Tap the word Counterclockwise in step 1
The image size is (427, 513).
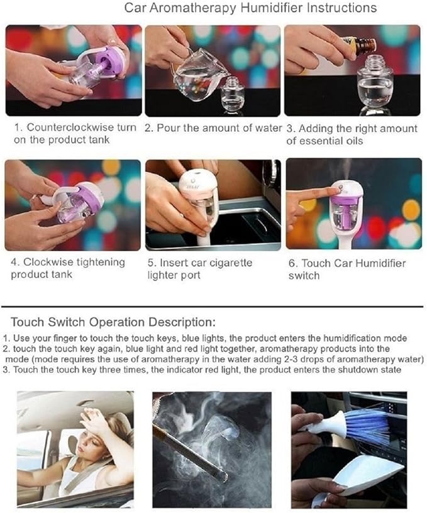70,127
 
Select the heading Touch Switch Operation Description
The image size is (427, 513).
113,322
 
